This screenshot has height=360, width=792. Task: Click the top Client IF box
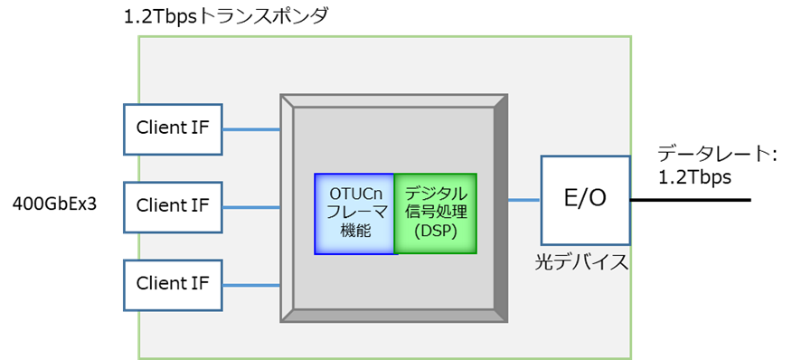(x=173, y=128)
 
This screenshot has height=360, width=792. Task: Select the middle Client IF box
(x=173, y=206)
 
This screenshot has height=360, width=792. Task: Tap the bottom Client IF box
(x=173, y=285)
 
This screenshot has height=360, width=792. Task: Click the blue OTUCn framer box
(x=354, y=213)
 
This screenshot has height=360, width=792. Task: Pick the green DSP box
(x=435, y=213)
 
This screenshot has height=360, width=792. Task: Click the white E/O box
(x=585, y=200)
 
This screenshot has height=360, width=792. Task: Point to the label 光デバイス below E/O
(x=580, y=263)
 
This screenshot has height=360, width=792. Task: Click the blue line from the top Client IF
(x=251, y=128)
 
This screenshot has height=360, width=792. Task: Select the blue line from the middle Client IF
(x=251, y=207)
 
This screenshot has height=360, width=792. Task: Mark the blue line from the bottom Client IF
(x=251, y=285)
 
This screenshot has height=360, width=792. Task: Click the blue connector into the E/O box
(x=524, y=200)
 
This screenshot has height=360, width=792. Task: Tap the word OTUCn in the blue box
(x=355, y=194)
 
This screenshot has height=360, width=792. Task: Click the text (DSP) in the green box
(x=435, y=232)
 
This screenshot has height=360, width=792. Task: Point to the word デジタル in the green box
(x=436, y=194)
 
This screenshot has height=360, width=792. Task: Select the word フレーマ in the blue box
(x=355, y=213)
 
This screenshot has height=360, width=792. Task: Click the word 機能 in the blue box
(x=355, y=232)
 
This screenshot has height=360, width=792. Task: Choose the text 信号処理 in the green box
(x=436, y=213)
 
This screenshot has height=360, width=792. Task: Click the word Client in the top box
(x=161, y=128)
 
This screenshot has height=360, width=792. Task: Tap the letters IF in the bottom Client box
(x=201, y=284)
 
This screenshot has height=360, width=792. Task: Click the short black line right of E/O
(x=630, y=198)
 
